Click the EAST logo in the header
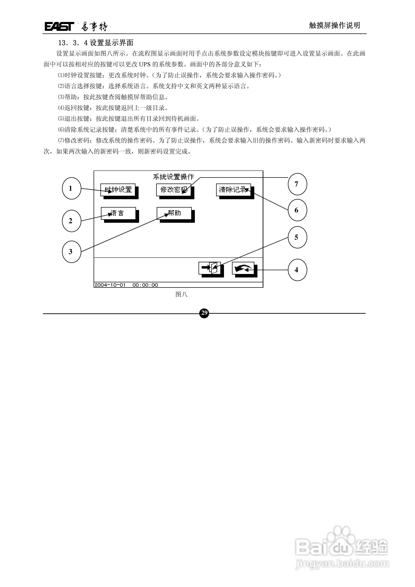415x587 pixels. pos(59,26)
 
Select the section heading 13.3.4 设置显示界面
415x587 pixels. pos(96,43)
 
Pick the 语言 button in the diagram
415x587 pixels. pos(118,213)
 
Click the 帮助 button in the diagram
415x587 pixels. pos(174,213)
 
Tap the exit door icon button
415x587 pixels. pos(210,268)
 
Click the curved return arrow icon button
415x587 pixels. pos(243,268)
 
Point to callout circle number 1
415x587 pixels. pos(71,188)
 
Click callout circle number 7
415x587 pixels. pos(297,184)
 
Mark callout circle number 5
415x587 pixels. pos(297,237)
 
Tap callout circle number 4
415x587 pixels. pos(297,270)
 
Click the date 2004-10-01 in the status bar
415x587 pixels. pos(110,285)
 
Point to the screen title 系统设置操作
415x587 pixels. pos(173,177)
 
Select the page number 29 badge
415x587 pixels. pos(204,313)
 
